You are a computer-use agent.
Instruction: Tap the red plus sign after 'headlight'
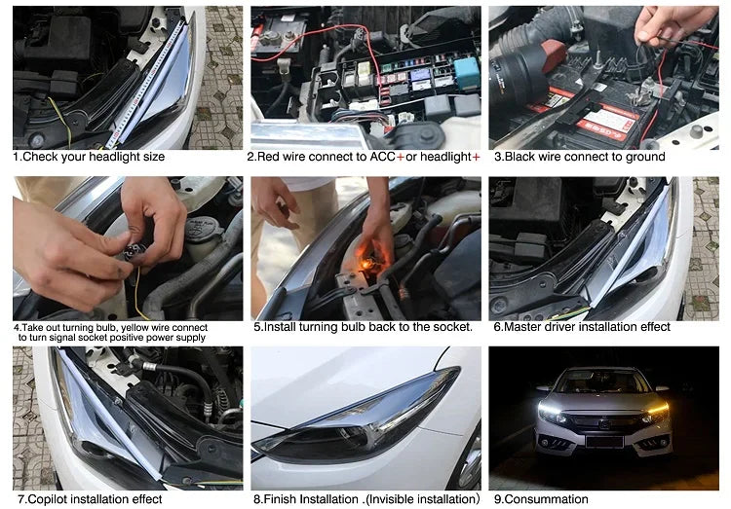[476, 157]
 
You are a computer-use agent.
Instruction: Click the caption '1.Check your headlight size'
[89, 157]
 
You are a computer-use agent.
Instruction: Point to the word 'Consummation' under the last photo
[546, 499]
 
